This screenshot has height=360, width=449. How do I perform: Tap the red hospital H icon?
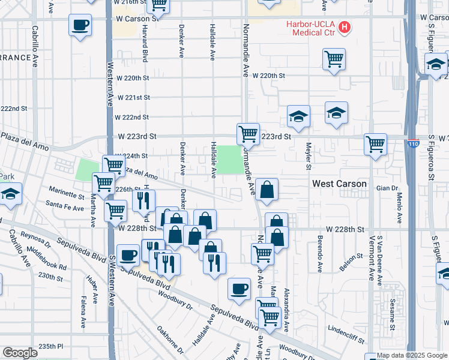(345, 26)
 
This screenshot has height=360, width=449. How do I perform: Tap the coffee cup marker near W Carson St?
(80, 26)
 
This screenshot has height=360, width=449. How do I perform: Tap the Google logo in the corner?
(20, 352)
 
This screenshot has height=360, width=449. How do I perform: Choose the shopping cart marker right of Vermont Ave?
(375, 144)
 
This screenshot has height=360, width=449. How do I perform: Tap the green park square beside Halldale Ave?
(228, 160)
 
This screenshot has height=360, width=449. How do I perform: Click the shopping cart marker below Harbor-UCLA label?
(334, 59)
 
